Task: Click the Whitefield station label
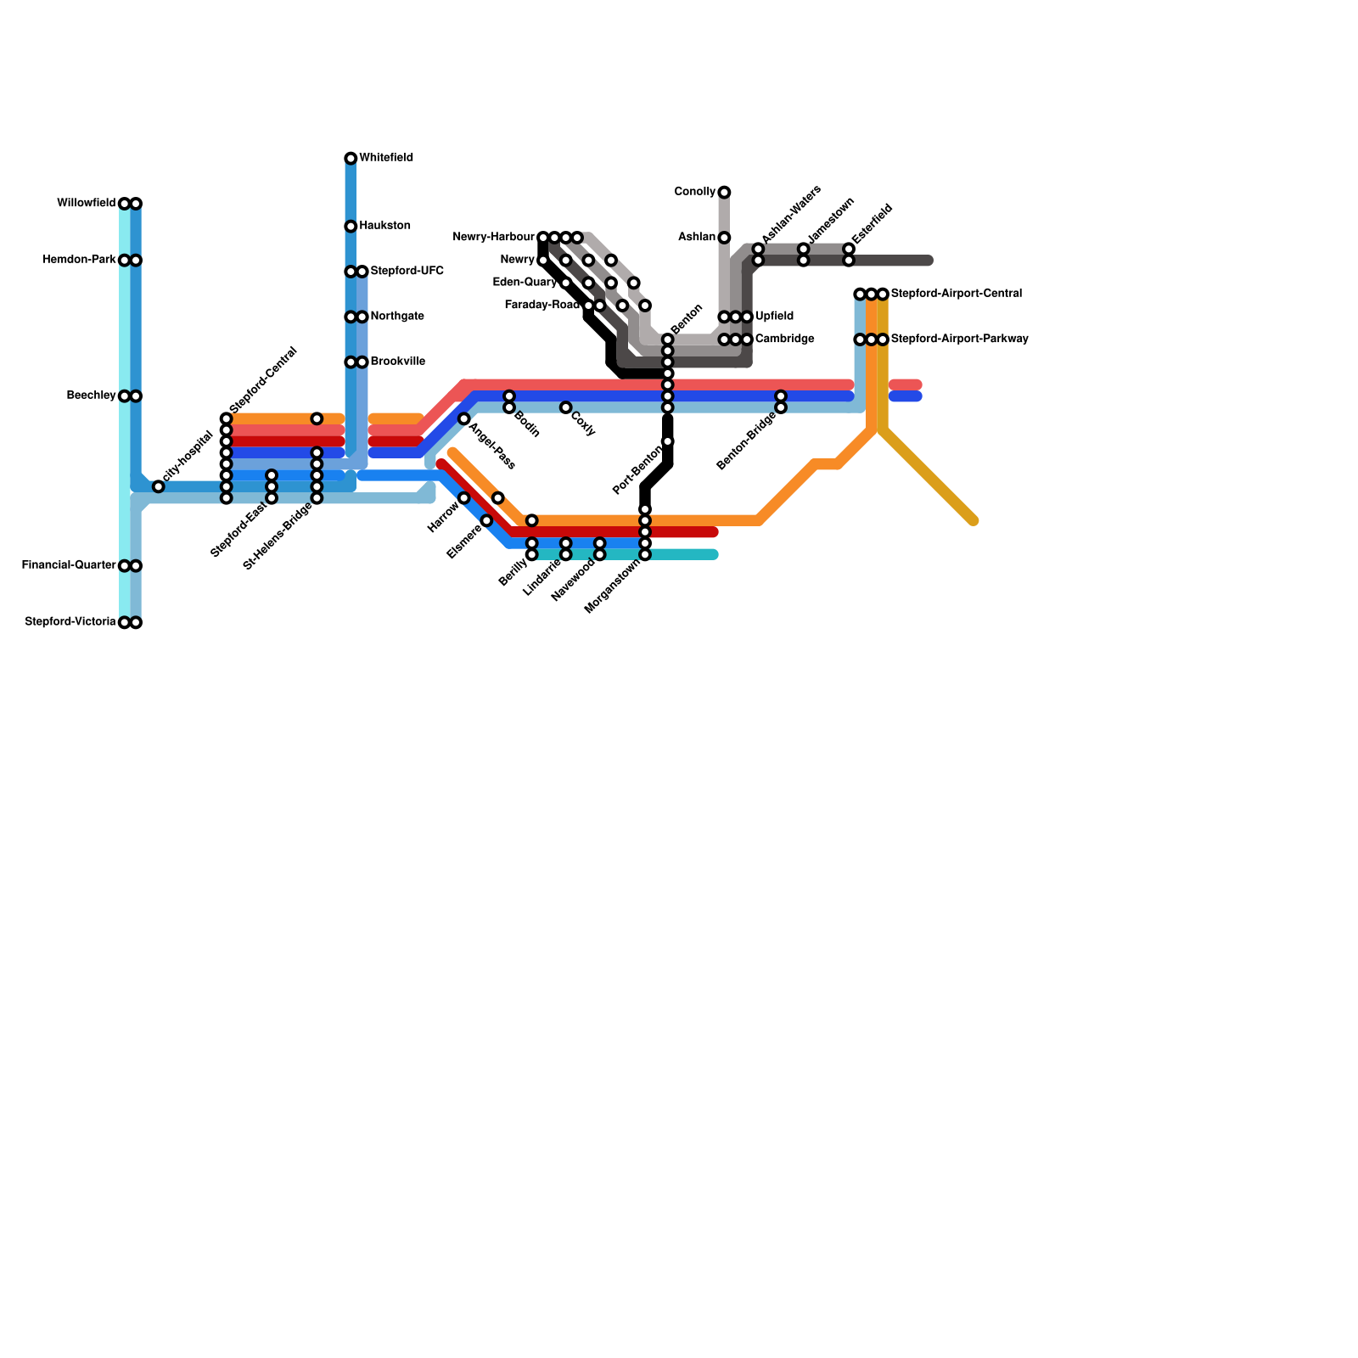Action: pyautogui.click(x=386, y=158)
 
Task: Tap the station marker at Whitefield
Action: pyautogui.click(x=351, y=159)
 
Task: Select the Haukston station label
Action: pyautogui.click(x=384, y=226)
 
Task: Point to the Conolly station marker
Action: pyautogui.click(x=724, y=193)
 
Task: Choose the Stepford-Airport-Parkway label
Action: pyautogui.click(x=959, y=339)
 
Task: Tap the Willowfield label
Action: pyautogui.click(x=86, y=204)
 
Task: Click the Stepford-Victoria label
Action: pyautogui.click(x=70, y=622)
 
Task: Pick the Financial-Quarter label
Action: pyautogui.click(x=69, y=565)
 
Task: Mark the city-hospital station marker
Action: pyautogui.click(x=158, y=486)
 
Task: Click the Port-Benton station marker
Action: pyautogui.click(x=668, y=441)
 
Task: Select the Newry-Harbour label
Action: pyautogui.click(x=493, y=237)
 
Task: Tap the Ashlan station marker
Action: pyautogui.click(x=724, y=238)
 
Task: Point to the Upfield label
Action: pyautogui.click(x=774, y=317)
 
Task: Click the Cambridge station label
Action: pyautogui.click(x=784, y=339)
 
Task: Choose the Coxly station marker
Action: pyautogui.click(x=565, y=407)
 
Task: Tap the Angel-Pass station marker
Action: pyautogui.click(x=464, y=419)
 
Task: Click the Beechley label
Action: pyautogui.click(x=91, y=396)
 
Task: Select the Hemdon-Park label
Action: pyautogui.click(x=79, y=260)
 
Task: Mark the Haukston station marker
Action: pyautogui.click(x=351, y=227)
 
